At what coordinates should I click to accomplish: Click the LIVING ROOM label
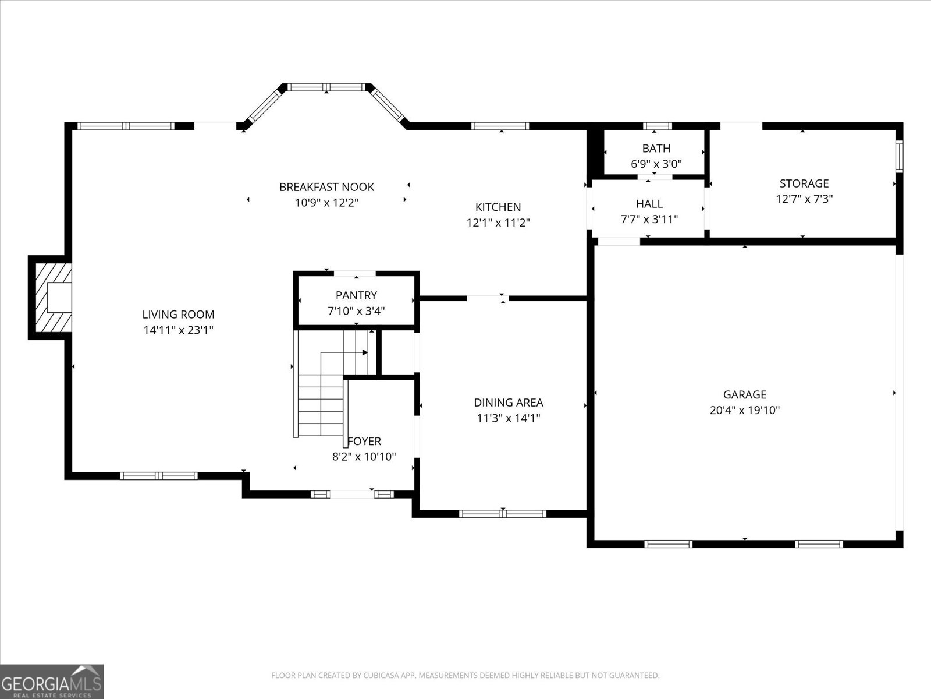pos(178,315)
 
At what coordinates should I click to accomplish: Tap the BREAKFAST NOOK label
pos(326,187)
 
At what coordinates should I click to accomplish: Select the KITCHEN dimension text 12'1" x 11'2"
pos(498,223)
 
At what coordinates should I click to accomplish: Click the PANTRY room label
pos(356,295)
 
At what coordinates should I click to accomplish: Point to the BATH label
pos(656,149)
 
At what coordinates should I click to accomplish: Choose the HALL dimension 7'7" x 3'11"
pos(649,219)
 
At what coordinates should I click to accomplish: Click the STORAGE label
pos(804,183)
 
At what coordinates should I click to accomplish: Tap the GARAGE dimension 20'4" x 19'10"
pos(745,410)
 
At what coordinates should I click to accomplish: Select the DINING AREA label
pos(509,403)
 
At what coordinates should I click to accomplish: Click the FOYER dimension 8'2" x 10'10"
pos(364,457)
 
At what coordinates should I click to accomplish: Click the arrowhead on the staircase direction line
pos(365,352)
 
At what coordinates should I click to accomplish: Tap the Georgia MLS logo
pos(52,682)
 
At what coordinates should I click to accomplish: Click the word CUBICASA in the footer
pos(379,675)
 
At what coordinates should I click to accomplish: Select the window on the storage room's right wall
pos(899,157)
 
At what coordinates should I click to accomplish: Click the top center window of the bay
pos(326,87)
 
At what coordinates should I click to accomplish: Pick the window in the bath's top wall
pos(658,126)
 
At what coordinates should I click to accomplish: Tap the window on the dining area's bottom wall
pos(503,514)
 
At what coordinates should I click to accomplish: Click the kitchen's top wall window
pos(500,126)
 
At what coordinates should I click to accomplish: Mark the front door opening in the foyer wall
pos(352,495)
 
